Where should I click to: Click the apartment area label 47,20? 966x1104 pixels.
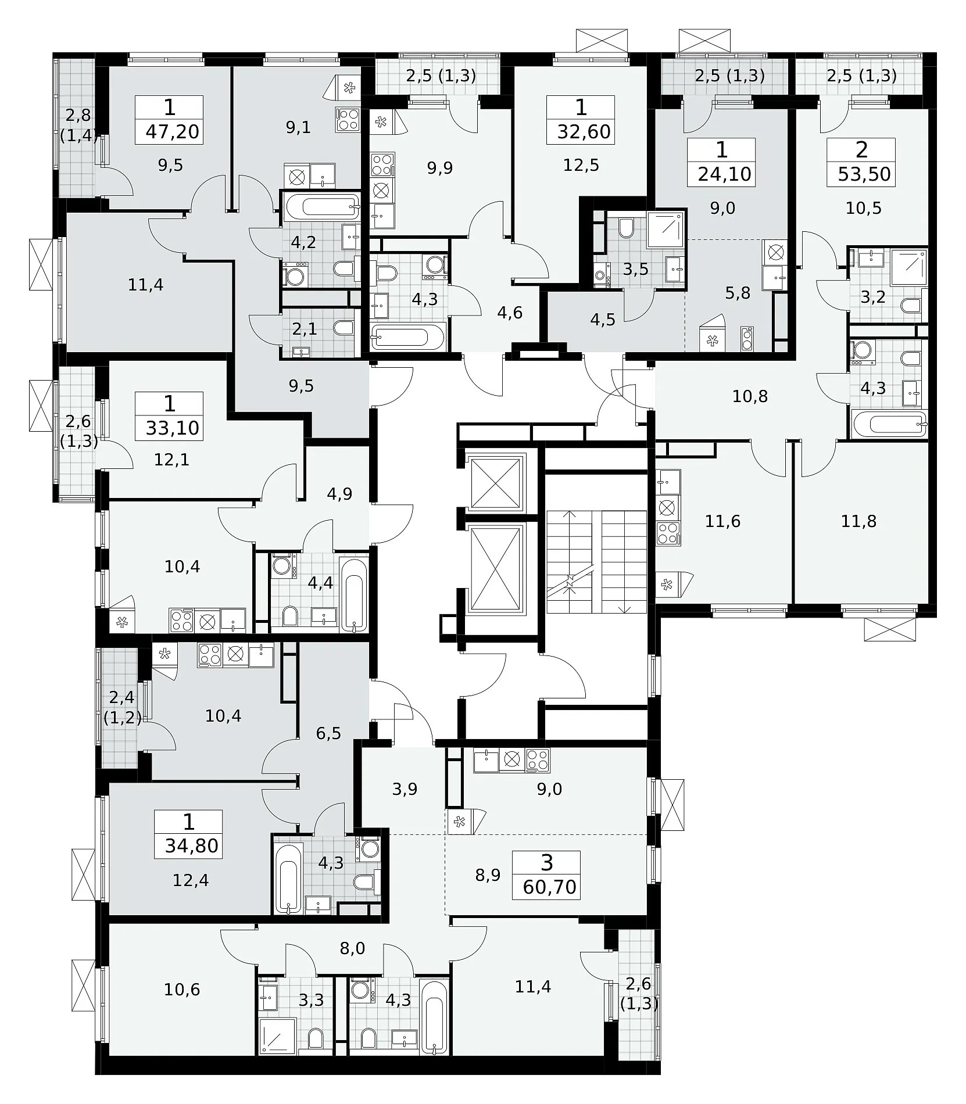[172, 132]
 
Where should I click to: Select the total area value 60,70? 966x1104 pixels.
[549, 887]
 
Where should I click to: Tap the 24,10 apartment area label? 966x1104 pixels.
[725, 174]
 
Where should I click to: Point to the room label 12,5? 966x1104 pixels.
[581, 166]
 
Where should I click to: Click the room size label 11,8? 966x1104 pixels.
[858, 521]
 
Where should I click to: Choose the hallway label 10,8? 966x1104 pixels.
[750, 396]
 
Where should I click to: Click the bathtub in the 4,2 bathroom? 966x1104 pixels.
[321, 206]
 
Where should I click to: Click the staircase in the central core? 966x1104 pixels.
[596, 562]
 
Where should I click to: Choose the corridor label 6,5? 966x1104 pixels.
[328, 733]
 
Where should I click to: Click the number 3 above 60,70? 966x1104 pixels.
[547, 863]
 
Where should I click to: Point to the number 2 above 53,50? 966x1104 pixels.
[862, 150]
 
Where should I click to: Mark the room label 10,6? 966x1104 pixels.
[182, 989]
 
